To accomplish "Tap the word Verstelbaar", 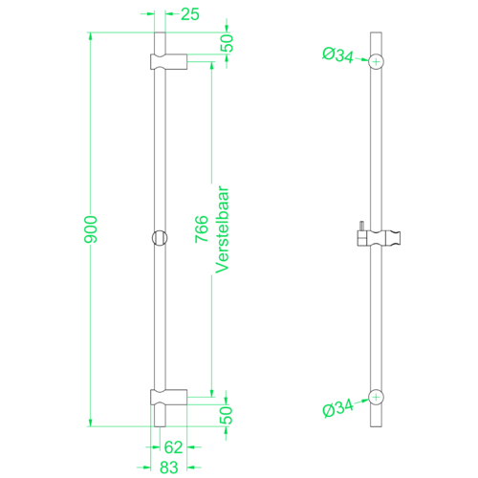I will click(x=223, y=228).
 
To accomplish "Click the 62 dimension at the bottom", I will click(x=172, y=445).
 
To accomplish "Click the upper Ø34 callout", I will click(x=339, y=56).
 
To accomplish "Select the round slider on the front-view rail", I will click(x=159, y=236).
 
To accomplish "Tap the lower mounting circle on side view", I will click(x=378, y=397).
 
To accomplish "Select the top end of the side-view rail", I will click(x=378, y=35).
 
